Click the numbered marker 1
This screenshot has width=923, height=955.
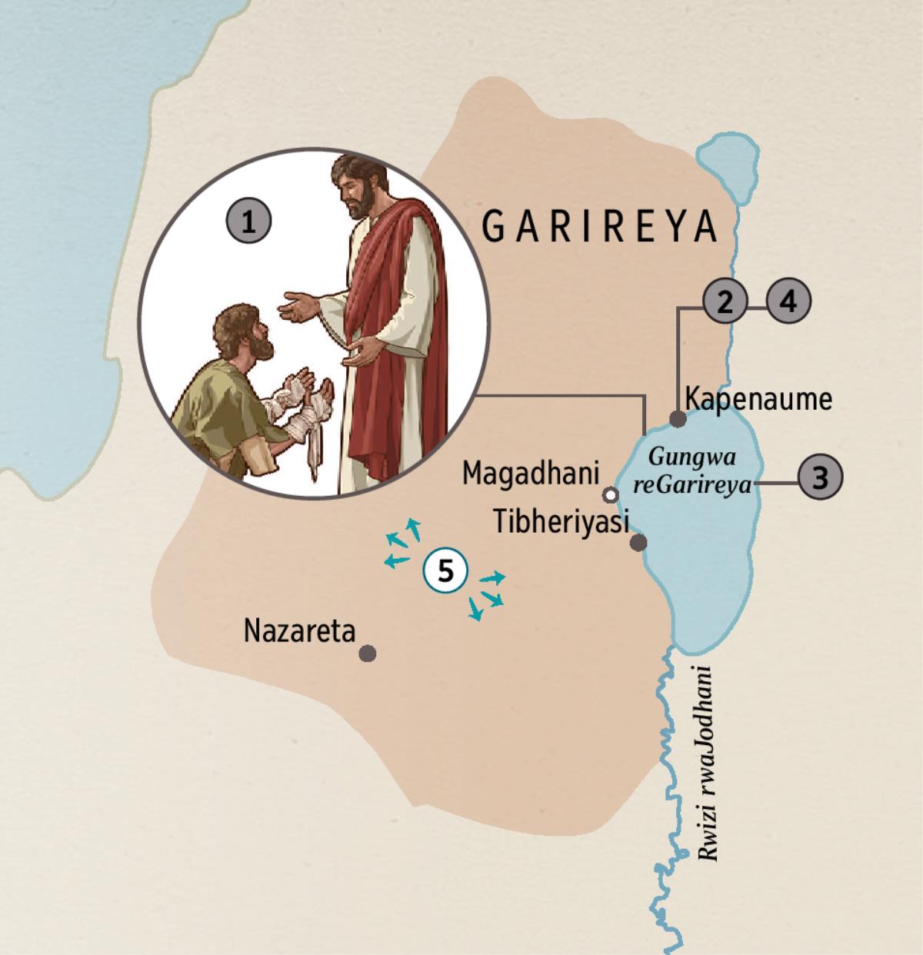[248, 223]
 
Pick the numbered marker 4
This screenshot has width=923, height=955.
[788, 301]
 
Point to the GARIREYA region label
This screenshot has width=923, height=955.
[599, 227]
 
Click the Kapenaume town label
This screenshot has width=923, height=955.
[758, 400]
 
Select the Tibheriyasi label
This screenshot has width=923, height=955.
[561, 522]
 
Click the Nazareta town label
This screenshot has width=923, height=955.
[300, 631]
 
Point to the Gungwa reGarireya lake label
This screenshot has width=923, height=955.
[692, 471]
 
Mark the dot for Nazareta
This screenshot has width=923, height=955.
[368, 654]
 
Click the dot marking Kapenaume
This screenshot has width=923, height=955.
[678, 419]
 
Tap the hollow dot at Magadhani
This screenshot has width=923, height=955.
[611, 494]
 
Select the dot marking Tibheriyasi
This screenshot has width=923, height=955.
[638, 543]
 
